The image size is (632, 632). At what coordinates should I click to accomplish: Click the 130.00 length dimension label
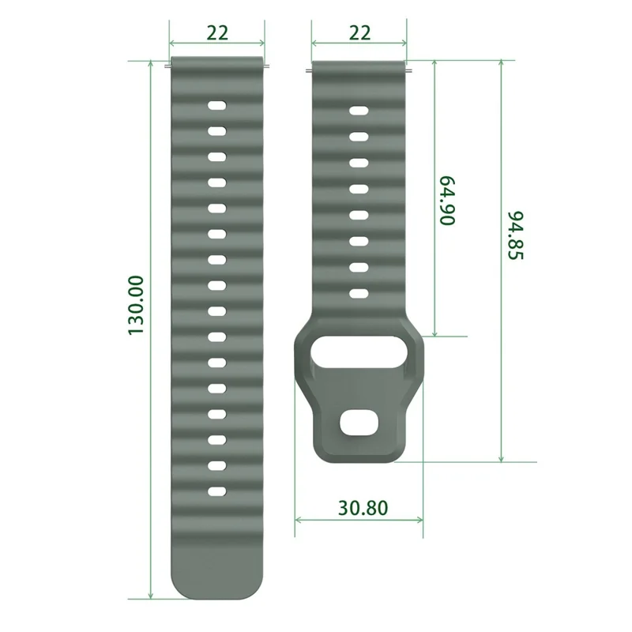point(137,304)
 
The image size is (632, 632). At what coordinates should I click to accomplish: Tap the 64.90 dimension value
point(448,201)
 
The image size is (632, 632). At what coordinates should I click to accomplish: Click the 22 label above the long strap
point(217,33)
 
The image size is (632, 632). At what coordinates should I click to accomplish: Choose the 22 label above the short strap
point(359,33)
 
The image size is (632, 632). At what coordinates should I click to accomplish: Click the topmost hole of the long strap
point(217,105)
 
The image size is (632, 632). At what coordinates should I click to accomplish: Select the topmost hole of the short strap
point(359,111)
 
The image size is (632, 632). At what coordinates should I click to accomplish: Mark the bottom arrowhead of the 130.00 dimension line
point(150,596)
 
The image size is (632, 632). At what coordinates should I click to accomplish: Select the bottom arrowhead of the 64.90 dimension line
point(434,333)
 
